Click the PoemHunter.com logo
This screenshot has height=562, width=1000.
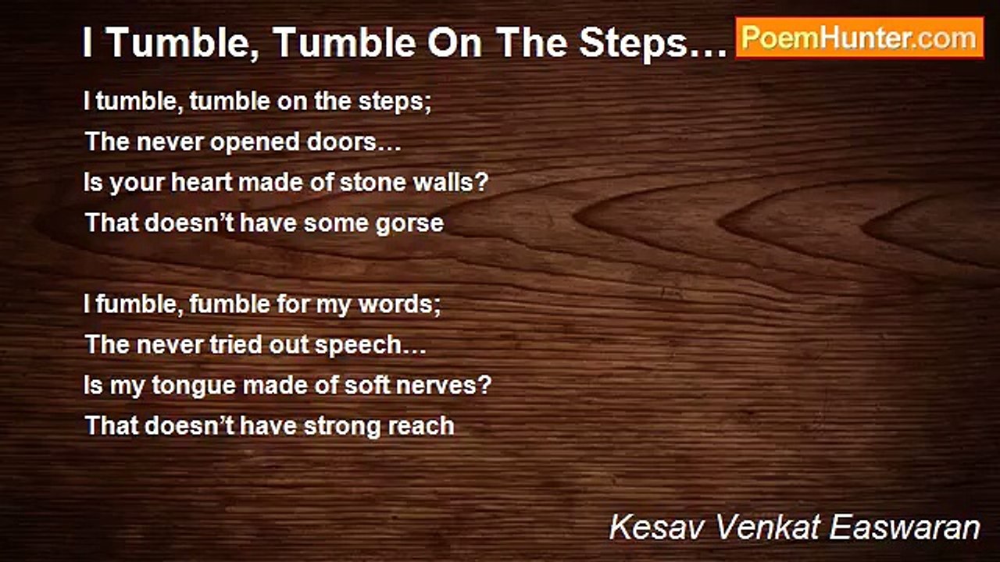(x=859, y=37)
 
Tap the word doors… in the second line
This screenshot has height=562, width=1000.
(x=361, y=142)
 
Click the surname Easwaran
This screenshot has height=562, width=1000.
(x=905, y=528)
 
